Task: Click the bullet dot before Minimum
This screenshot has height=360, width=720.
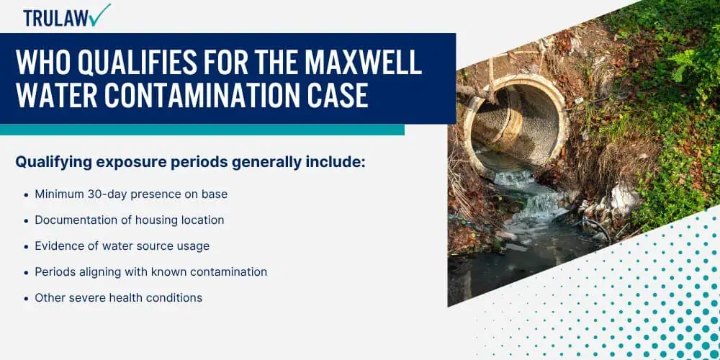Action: (26, 194)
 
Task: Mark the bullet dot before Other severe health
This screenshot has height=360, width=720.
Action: (26, 298)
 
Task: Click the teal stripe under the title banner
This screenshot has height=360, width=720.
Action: (202, 130)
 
